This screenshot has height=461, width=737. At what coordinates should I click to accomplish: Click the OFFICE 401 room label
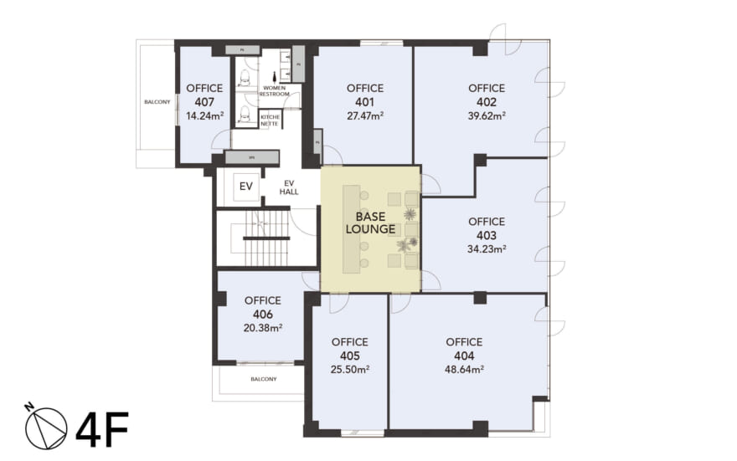pyautogui.click(x=364, y=95)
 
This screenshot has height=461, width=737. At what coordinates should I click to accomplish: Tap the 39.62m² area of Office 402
pyautogui.click(x=487, y=116)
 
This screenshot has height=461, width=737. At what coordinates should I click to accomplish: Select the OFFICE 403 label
pyautogui.click(x=487, y=228)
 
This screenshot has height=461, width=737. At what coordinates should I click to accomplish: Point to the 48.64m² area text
pyautogui.click(x=464, y=369)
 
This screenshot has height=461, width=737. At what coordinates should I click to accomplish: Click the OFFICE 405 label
pyautogui.click(x=349, y=348)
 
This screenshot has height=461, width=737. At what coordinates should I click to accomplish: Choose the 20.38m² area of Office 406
pyautogui.click(x=262, y=328)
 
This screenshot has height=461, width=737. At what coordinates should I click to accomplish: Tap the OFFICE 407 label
pyautogui.click(x=204, y=95)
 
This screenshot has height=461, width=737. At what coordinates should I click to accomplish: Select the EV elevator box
pyautogui.click(x=246, y=186)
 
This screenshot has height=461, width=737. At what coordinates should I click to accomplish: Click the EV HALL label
pyautogui.click(x=289, y=187)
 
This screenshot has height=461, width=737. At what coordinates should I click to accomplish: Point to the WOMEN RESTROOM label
pyautogui.click(x=276, y=91)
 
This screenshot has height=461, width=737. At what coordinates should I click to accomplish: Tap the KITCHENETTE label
pyautogui.click(x=270, y=120)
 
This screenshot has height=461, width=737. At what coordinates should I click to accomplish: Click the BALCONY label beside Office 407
pyautogui.click(x=157, y=102)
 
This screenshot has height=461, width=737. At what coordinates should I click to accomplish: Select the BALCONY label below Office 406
pyautogui.click(x=264, y=379)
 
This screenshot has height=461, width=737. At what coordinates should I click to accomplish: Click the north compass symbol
pyautogui.click(x=45, y=427)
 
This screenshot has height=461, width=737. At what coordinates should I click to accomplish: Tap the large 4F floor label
pyautogui.click(x=102, y=428)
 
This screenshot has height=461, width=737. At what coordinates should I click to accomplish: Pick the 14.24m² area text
pyautogui.click(x=204, y=117)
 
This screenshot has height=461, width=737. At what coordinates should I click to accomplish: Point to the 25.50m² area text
pyautogui.click(x=349, y=369)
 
